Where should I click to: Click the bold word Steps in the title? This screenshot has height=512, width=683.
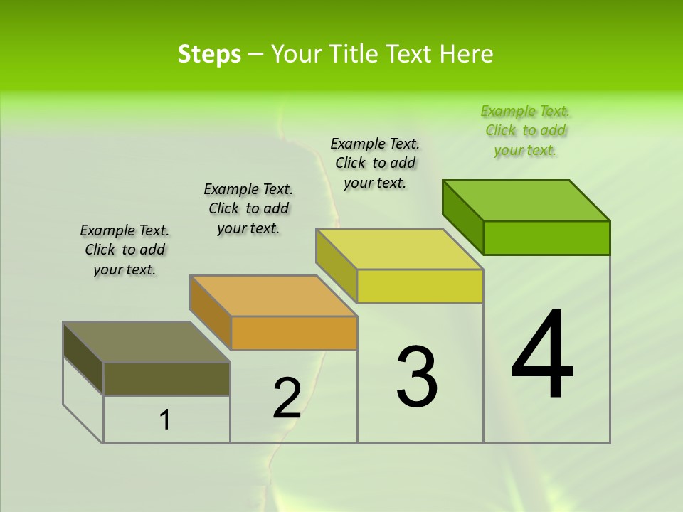pyautogui.click(x=209, y=54)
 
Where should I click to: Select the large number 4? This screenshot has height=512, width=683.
pyautogui.click(x=542, y=356)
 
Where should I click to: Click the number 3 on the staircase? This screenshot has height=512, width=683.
pyautogui.click(x=417, y=377)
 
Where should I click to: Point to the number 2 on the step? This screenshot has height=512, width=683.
pyautogui.click(x=287, y=398)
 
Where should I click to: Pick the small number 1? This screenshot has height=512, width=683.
pyautogui.click(x=165, y=420)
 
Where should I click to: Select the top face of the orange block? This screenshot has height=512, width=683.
pyautogui.click(x=273, y=296)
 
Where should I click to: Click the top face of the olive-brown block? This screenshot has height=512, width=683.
pyautogui.click(x=147, y=342)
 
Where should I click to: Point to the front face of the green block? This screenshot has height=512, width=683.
pyautogui.click(x=546, y=238)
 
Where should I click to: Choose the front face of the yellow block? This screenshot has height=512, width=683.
pyautogui.click(x=420, y=286)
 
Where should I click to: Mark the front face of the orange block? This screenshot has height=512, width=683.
pyautogui.click(x=294, y=333)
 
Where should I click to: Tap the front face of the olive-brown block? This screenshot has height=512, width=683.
pyautogui.click(x=166, y=378)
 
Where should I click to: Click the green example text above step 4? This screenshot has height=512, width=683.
pyautogui.click(x=526, y=131)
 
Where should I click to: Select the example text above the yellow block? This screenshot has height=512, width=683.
pyautogui.click(x=375, y=163)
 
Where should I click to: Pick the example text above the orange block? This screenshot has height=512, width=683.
pyautogui.click(x=248, y=208)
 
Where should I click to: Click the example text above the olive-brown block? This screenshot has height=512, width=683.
pyautogui.click(x=125, y=250)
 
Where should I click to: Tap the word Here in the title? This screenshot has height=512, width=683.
pyautogui.click(x=467, y=54)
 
